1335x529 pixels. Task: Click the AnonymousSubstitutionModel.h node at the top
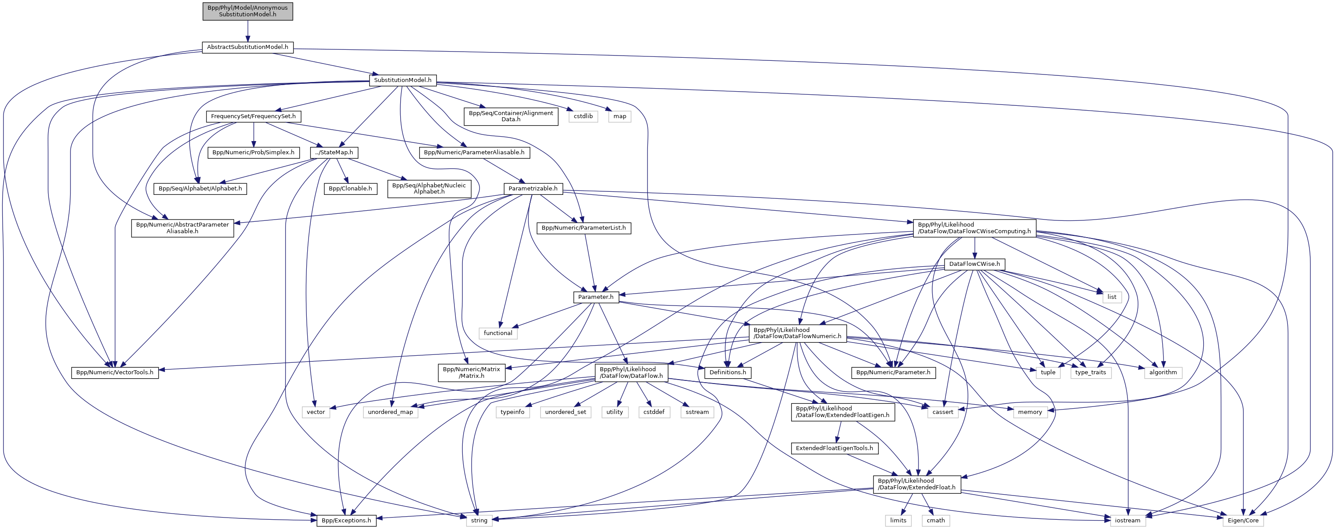pyautogui.click(x=248, y=11)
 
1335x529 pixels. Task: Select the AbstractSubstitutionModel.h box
pyautogui.click(x=248, y=47)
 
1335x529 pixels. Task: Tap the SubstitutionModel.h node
pyautogui.click(x=403, y=80)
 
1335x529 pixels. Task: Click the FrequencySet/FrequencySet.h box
pyautogui.click(x=253, y=116)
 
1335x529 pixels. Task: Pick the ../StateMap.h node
pyautogui.click(x=334, y=153)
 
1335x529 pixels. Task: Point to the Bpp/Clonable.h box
pyautogui.click(x=350, y=189)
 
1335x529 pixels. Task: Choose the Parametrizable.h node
pyautogui.click(x=533, y=189)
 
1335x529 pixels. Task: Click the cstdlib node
pyautogui.click(x=583, y=116)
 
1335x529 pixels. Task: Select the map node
pyautogui.click(x=620, y=116)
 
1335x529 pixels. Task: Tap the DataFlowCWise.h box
pyautogui.click(x=974, y=264)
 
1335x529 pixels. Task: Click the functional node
pyautogui.click(x=498, y=333)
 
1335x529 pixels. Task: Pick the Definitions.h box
pyautogui.click(x=728, y=373)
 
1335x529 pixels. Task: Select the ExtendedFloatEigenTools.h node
pyautogui.click(x=834, y=449)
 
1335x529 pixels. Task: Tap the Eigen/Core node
pyautogui.click(x=1243, y=521)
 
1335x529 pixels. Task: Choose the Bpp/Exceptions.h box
pyautogui.click(x=346, y=521)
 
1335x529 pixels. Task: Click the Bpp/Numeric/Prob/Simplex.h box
pyautogui.click(x=253, y=153)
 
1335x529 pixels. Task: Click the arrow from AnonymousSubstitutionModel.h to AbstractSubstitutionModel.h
pyautogui.click(x=248, y=31)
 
